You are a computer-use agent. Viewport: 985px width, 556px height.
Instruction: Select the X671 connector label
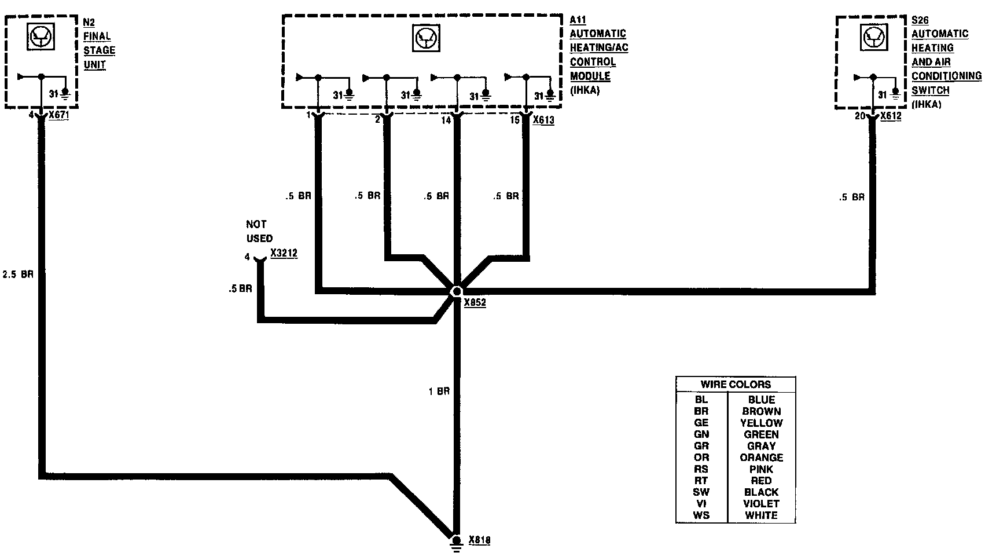point(59,115)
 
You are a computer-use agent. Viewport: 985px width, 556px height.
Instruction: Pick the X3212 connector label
point(284,254)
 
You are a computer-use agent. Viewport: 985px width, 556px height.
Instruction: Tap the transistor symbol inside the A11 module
point(425,39)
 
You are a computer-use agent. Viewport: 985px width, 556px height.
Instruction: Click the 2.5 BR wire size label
point(18,274)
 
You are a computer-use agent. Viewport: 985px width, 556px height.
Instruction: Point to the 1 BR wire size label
point(439,392)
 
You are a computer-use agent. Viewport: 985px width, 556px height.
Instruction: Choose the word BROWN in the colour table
point(761,411)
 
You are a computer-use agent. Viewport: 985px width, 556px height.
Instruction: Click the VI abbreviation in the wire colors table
point(701,504)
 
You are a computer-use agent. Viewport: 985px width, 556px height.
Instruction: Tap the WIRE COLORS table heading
point(736,385)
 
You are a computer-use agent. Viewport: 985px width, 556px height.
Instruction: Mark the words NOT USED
point(259,231)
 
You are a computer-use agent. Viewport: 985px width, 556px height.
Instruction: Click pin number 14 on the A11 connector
point(445,120)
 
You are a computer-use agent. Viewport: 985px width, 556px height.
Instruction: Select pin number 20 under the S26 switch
point(860,116)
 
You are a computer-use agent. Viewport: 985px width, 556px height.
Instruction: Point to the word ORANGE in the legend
point(761,458)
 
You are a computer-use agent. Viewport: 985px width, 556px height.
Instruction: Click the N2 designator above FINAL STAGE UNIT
point(89,23)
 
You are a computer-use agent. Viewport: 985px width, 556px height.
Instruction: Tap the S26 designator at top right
point(920,20)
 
